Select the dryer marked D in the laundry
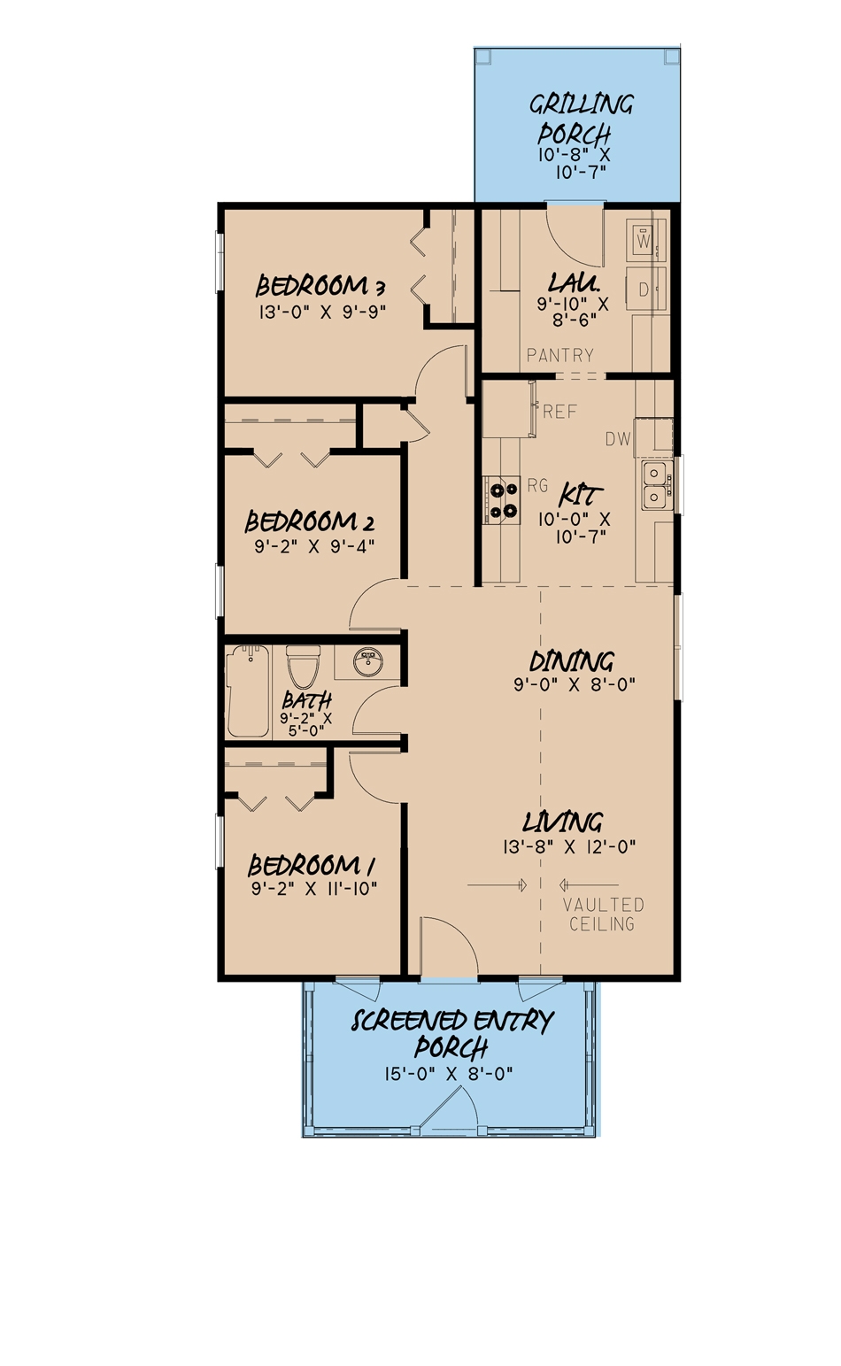pyautogui.click(x=644, y=288)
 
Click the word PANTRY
pyautogui.click(x=559, y=355)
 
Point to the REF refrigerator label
pyautogui.click(x=559, y=412)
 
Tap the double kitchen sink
pyautogui.click(x=655, y=485)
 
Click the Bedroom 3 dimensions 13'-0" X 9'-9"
pyautogui.click(x=323, y=311)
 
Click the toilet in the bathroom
pyautogui.click(x=303, y=668)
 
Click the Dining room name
pyautogui.click(x=571, y=660)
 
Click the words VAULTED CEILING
pyautogui.click(x=602, y=915)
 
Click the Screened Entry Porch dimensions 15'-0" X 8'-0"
pyautogui.click(x=449, y=1074)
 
